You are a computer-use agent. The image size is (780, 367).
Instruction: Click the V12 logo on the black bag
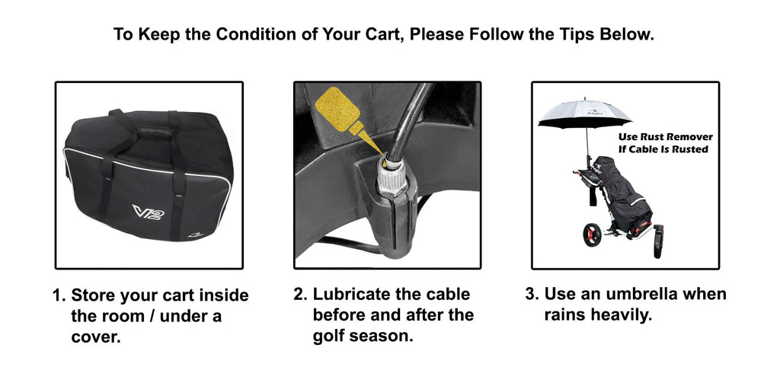coord(149,212)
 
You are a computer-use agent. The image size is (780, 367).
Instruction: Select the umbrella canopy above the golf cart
coord(584,114)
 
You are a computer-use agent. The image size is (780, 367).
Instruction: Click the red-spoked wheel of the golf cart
coord(591,235)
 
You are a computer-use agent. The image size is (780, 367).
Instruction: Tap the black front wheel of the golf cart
coord(658,241)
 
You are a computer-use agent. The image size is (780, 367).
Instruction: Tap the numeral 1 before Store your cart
coord(57,295)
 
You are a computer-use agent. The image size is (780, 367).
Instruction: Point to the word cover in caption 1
coord(94,337)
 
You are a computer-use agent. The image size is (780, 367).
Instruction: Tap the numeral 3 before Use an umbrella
coord(531,294)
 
